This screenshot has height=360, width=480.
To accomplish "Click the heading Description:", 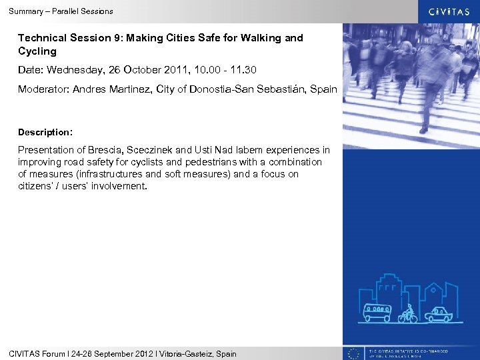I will tap(45, 132).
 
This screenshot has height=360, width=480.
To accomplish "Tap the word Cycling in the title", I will tap(37, 51).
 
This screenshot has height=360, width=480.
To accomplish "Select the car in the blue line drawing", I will tap(439, 313).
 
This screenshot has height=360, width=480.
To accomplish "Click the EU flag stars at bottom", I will tap(355, 353).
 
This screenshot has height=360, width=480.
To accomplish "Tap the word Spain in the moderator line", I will tap(324, 89).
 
